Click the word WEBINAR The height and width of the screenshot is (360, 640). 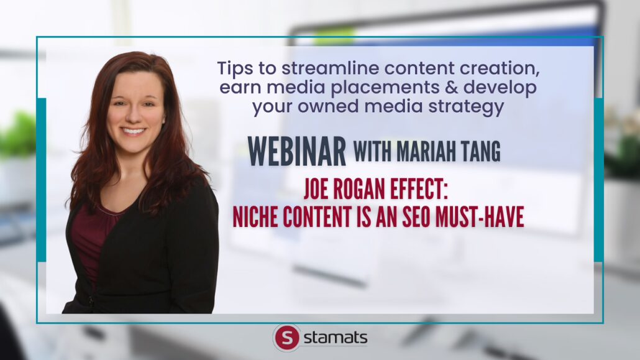[x=297, y=152]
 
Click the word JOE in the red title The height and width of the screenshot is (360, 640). [x=317, y=190]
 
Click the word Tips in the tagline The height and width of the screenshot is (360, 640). [x=235, y=68]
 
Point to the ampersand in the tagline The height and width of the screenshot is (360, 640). [x=450, y=87]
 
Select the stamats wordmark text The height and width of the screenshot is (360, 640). [x=336, y=338]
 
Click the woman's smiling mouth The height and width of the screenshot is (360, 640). [x=134, y=131]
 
